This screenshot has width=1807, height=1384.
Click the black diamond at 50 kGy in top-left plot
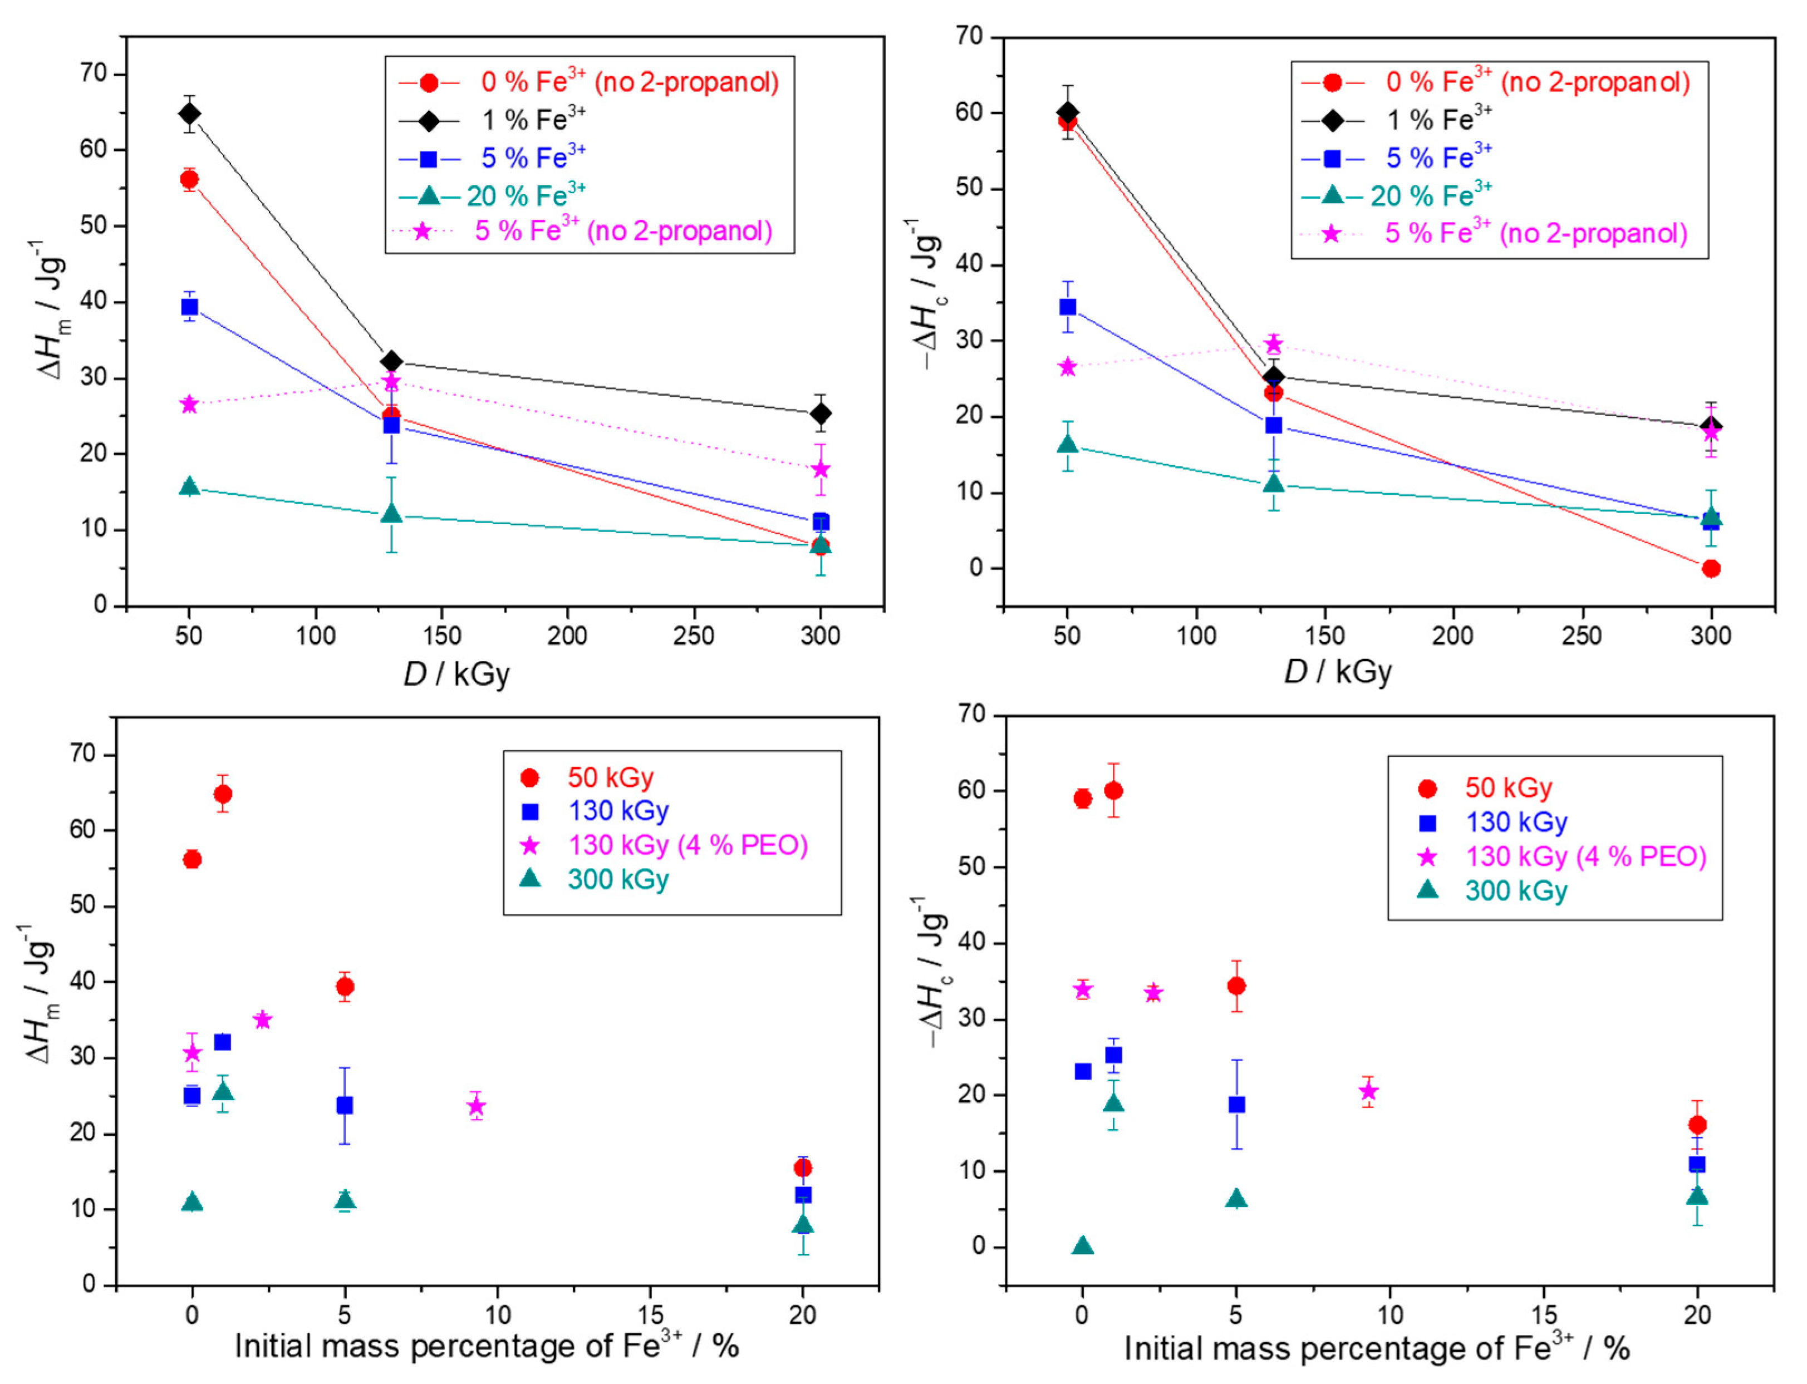189,113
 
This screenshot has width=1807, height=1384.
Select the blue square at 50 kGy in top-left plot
189,307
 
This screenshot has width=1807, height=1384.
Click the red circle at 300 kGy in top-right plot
1711,568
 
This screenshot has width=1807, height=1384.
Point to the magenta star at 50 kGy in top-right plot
1067,367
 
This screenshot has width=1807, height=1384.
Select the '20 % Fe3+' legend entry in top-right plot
1430,196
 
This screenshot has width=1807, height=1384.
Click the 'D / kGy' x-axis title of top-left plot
456,674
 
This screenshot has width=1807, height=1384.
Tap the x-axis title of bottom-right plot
1376,1348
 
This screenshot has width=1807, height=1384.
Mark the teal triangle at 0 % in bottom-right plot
1083,1245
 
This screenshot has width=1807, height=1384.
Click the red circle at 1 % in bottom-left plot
223,794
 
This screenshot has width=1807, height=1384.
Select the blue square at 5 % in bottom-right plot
1236,1105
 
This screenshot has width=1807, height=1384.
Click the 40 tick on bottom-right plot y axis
973,943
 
